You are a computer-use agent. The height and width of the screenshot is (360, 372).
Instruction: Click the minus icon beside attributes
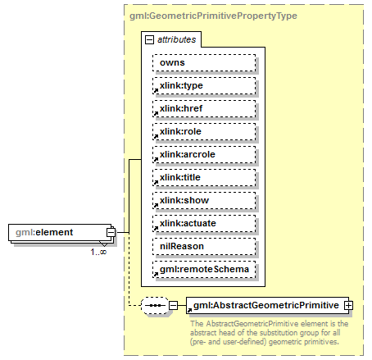tap(149, 39)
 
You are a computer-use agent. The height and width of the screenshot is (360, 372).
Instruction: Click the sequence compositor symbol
tap(153, 305)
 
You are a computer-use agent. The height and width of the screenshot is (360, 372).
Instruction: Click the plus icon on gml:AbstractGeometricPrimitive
tap(348, 305)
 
